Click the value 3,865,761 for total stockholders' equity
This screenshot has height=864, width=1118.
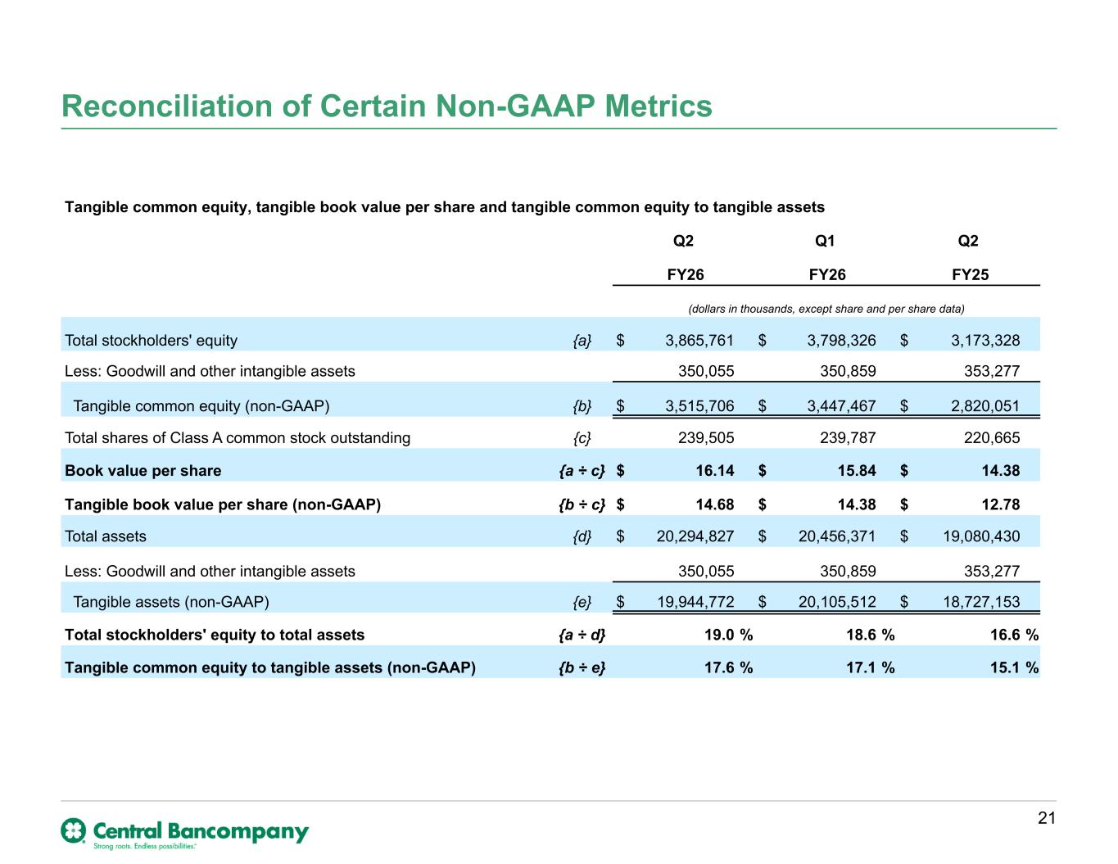tap(699, 341)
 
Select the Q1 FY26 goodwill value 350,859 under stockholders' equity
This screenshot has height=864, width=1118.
tap(848, 371)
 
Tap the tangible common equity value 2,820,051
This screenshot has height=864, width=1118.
tap(984, 406)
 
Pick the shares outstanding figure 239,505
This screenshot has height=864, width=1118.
tap(706, 437)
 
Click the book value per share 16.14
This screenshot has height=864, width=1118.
tap(715, 471)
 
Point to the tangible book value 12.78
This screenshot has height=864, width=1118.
tap(1000, 504)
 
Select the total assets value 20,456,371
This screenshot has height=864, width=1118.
tap(836, 536)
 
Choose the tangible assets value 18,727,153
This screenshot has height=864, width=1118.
tap(981, 602)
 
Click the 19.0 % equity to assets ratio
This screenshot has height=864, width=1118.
tap(728, 635)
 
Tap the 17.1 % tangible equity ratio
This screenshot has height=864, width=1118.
tap(870, 667)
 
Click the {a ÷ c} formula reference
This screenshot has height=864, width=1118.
tap(582, 471)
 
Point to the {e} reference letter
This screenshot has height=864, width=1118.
tap(582, 602)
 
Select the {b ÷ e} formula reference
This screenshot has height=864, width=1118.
tap(582, 667)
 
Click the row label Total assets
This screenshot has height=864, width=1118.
tap(106, 536)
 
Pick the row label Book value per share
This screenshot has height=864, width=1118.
tap(143, 471)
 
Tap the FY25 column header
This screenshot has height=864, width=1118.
tap(970, 274)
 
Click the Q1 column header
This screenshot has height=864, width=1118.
tap(825, 241)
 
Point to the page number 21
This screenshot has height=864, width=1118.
tap(1047, 817)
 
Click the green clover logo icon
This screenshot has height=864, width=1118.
tap(74, 830)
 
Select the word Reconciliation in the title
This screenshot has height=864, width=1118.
tap(167, 106)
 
